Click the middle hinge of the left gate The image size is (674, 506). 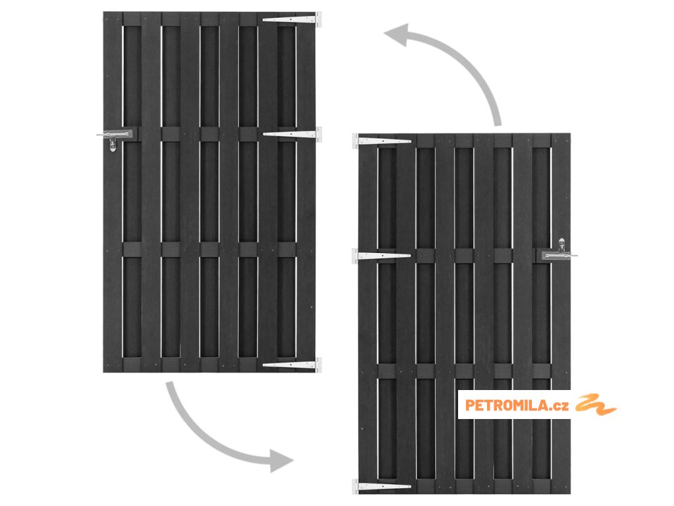[293, 134]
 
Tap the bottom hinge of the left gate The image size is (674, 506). [292, 363]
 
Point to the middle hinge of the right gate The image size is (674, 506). [382, 255]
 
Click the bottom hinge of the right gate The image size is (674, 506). [382, 486]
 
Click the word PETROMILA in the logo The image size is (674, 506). [507, 405]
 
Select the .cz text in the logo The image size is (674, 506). [560, 405]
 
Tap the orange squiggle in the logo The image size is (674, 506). [596, 404]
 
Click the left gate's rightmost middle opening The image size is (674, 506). [286, 191]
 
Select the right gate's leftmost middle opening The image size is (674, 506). [387, 312]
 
